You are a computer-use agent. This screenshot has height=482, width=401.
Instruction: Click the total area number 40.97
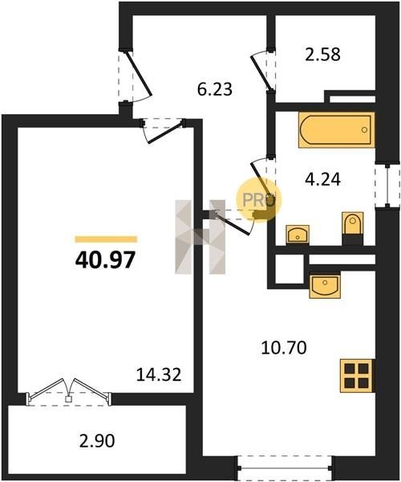pyautogui.click(x=105, y=259)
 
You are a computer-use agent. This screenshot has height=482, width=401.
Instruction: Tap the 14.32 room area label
pyautogui.click(x=159, y=374)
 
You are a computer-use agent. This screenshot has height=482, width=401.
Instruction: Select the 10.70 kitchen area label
pyautogui.click(x=284, y=348)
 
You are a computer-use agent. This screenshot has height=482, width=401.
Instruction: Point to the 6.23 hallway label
pyautogui.click(x=215, y=89)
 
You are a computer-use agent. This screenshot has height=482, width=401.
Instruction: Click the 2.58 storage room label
pyautogui.click(x=322, y=54)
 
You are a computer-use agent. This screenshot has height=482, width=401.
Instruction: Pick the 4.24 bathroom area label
pyautogui.click(x=322, y=179)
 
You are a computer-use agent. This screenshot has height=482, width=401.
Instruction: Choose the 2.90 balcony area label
pyautogui.click(x=97, y=441)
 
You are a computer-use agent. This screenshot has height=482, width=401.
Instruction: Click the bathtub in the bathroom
pyautogui.click(x=336, y=130)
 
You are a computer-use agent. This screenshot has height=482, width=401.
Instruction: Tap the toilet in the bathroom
pyautogui.click(x=353, y=224)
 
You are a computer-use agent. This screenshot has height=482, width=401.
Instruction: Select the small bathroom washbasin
pyautogui.click(x=298, y=235)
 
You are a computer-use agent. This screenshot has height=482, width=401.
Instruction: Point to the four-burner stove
pyautogui.click(x=358, y=376)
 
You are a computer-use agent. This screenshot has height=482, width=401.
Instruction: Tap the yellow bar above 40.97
pyautogui.click(x=106, y=239)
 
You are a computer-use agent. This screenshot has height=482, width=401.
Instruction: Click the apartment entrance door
pyautogui.click(x=135, y=77)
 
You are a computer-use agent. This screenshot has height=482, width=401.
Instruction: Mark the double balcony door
pyautogui.click(x=68, y=393)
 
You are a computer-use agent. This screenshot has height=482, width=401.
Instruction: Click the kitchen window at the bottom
pyautogui.click(x=285, y=468)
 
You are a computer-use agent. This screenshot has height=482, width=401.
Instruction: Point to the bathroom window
pyautogui.click(x=387, y=186)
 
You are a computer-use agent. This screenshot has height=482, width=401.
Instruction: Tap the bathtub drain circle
pyautogui.click(x=364, y=129)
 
